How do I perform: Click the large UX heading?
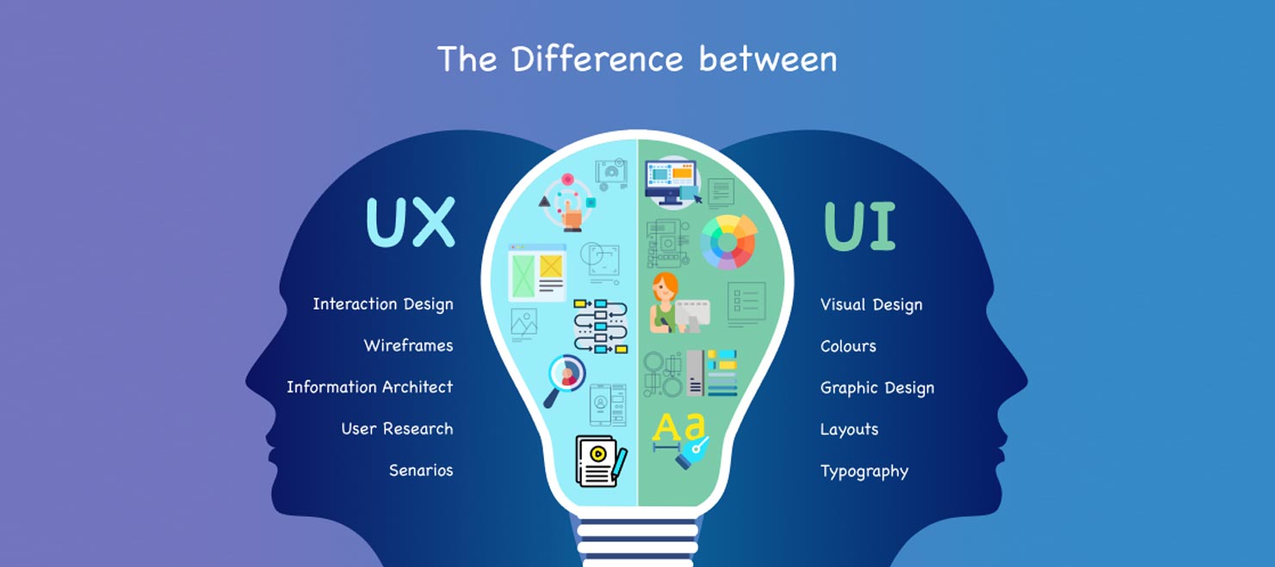(410, 222)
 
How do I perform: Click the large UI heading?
(860, 225)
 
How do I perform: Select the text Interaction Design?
(382, 304)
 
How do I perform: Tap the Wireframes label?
(408, 346)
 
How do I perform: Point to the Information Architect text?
(369, 387)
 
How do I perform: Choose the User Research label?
(397, 428)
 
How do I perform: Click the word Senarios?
(420, 471)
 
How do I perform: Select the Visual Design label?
(870, 305)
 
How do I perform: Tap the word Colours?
(848, 346)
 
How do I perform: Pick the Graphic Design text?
(876, 388)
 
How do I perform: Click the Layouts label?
(849, 429)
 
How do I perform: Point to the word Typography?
(863, 471)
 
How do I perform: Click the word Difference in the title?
(597, 59)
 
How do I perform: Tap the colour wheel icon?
(727, 242)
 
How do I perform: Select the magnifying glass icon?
(563, 379)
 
